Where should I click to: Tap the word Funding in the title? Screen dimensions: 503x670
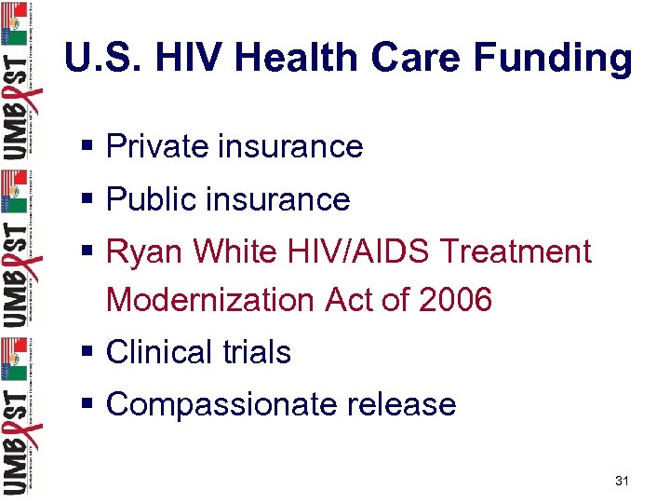pyautogui.click(x=553, y=58)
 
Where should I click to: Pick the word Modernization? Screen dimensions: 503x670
pyautogui.click(x=211, y=300)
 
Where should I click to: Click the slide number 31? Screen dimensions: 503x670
pyautogui.click(x=623, y=481)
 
